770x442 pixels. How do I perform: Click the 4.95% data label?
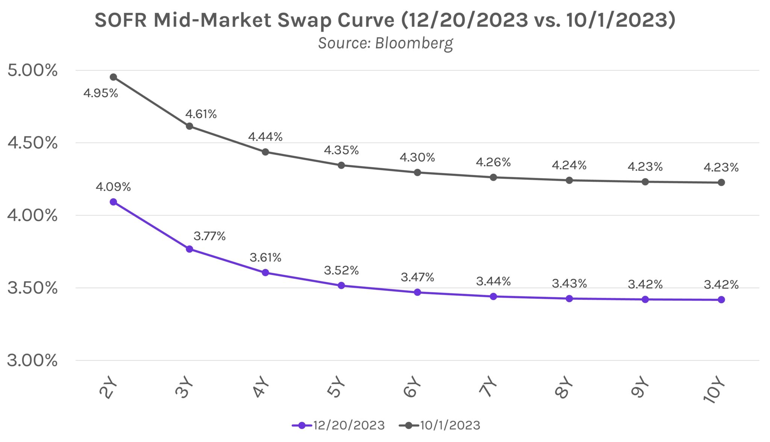(100, 93)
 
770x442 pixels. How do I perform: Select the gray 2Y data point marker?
(113, 77)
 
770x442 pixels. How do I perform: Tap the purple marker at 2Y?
(113, 202)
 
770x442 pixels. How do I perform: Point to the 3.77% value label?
(209, 236)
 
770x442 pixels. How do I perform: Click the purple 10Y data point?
(721, 300)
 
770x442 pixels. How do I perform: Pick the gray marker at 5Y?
(341, 165)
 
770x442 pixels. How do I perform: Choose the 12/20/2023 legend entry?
(338, 425)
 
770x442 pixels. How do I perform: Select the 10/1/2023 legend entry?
(440, 425)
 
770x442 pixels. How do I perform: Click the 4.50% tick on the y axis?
(32, 143)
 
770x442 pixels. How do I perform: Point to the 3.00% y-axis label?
(32, 360)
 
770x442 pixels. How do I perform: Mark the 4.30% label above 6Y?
(417, 157)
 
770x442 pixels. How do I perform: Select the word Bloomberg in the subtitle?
(414, 44)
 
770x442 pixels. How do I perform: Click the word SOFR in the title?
(120, 20)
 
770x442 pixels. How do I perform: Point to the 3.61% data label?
(265, 258)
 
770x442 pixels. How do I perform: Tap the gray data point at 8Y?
(569, 181)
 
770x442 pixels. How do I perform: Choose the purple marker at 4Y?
(265, 273)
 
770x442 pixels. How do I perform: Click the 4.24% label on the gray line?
(569, 165)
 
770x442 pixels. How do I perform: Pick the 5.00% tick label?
(32, 70)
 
